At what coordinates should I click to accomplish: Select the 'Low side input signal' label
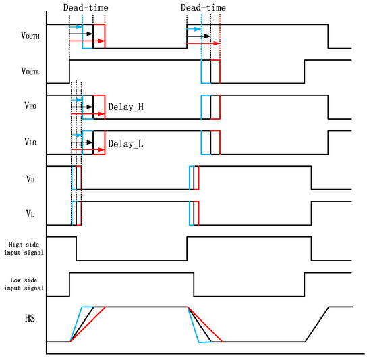pyautogui.click(x=24, y=283)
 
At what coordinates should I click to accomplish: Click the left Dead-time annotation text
pyautogui.click(x=86, y=7)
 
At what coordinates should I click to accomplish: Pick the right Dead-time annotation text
pyautogui.click(x=204, y=7)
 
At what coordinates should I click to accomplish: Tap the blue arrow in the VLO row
pyautogui.click(x=76, y=136)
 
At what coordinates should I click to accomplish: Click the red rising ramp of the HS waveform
pyautogui.click(x=88, y=325)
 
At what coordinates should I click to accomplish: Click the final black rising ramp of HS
pyautogui.click(x=317, y=325)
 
